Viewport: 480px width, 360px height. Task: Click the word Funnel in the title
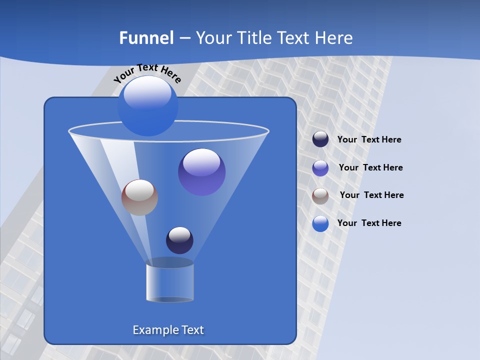pyautogui.click(x=146, y=38)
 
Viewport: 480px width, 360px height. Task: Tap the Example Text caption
pyautogui.click(x=168, y=330)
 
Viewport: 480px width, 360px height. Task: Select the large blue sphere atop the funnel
pyautogui.click(x=147, y=106)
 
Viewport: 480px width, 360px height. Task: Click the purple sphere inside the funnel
pyautogui.click(x=202, y=172)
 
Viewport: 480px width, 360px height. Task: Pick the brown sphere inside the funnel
pyautogui.click(x=140, y=197)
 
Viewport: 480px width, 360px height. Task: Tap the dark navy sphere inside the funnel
pyautogui.click(x=179, y=240)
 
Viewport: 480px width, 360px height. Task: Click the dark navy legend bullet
pyautogui.click(x=320, y=139)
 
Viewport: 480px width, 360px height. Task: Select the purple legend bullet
pyautogui.click(x=320, y=168)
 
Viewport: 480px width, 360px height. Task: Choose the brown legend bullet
pyautogui.click(x=320, y=196)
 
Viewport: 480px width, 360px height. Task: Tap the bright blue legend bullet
pyautogui.click(x=320, y=223)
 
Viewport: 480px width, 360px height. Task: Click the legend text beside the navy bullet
pyautogui.click(x=369, y=140)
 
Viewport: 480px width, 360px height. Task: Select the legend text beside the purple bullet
pyautogui.click(x=370, y=167)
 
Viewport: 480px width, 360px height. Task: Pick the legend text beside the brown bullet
pyautogui.click(x=371, y=195)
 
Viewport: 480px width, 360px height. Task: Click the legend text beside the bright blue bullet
pyautogui.click(x=369, y=223)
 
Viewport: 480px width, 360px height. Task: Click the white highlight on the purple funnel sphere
pyautogui.click(x=202, y=161)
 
